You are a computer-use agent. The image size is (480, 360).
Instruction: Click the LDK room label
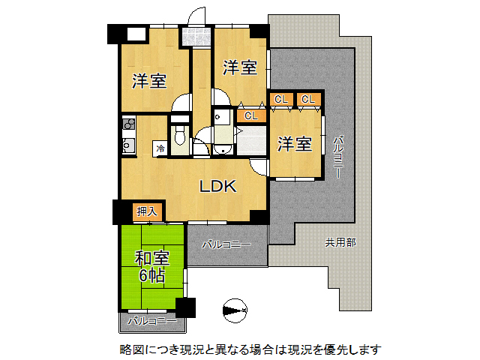217,187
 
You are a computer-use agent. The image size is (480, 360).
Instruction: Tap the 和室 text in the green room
151,259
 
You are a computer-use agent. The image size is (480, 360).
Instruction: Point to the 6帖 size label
151,275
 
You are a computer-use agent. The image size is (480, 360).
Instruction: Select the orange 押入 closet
147,212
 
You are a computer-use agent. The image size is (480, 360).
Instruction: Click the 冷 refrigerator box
160,148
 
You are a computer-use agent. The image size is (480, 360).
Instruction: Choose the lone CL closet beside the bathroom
250,115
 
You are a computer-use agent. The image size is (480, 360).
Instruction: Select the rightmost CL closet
308,99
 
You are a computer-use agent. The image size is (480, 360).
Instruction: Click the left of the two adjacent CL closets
280,99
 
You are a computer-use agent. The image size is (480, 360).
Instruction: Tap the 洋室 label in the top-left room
149,81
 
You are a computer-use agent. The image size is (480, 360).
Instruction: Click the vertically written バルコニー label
338,156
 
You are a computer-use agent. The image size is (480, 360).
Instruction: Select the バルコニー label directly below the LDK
226,244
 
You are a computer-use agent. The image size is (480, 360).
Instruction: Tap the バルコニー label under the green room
151,321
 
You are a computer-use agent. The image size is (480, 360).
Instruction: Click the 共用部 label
340,242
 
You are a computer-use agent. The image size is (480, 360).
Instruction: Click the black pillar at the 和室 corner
184,308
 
